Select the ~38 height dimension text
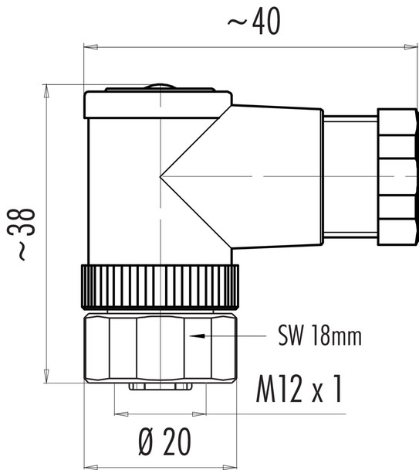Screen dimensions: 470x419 click(26, 233)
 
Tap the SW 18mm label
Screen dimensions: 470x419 click(319, 337)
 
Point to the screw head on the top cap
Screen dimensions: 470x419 click(158, 87)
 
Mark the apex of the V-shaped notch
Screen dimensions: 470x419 click(161, 178)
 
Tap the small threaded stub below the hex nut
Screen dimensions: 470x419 click(160, 386)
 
